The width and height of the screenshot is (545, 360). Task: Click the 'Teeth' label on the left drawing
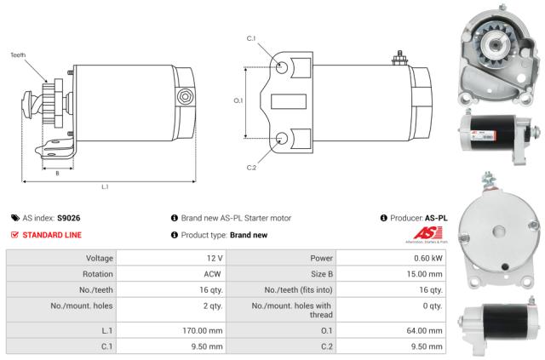[18, 55]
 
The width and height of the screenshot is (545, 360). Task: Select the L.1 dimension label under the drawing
[105, 186]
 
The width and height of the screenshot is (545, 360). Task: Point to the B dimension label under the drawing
[57, 173]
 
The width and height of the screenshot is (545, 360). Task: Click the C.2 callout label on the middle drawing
[251, 167]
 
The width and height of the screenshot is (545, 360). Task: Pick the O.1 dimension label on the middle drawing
[238, 100]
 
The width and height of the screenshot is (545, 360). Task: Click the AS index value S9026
[69, 218]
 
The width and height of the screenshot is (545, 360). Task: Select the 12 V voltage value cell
[214, 258]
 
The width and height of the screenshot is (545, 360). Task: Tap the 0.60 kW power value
[429, 258]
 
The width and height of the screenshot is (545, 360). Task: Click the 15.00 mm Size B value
[425, 276]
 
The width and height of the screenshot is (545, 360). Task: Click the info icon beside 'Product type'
[174, 235]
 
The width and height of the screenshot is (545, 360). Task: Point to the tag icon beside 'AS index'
[14, 218]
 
